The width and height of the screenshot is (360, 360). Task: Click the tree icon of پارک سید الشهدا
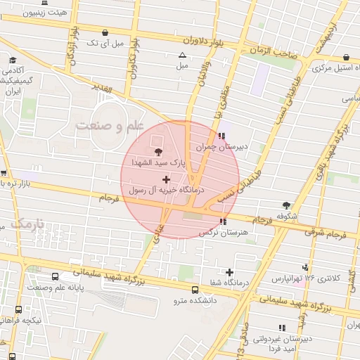coord(158,150)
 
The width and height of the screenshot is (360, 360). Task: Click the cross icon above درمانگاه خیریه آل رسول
coord(166,179)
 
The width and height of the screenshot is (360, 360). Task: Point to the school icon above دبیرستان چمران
coord(222,136)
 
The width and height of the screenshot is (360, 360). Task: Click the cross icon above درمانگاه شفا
coord(229,272)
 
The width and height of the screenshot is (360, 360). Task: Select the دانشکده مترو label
coord(196,301)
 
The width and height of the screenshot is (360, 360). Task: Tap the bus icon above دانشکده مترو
coord(195,289)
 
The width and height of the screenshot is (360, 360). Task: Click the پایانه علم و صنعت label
coord(56,288)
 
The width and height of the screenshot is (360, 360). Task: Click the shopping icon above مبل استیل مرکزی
coord(346,58)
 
